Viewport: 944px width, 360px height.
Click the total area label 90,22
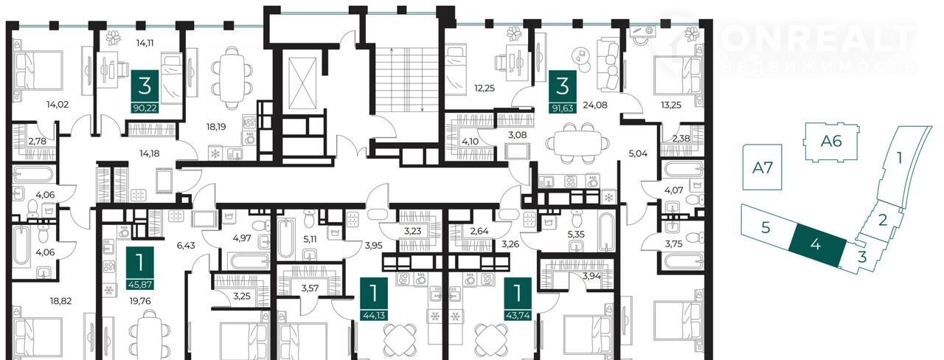pyautogui.click(x=145, y=108)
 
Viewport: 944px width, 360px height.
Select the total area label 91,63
pyautogui.click(x=563, y=108)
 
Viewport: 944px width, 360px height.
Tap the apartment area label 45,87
pyautogui.click(x=140, y=285)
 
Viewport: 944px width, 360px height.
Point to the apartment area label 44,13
pyautogui.click(x=374, y=315)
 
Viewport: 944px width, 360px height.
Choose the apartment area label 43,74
pyautogui.click(x=518, y=315)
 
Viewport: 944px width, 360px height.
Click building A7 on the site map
pyautogui.click(x=763, y=167)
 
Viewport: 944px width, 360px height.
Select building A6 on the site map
pyautogui.click(x=831, y=141)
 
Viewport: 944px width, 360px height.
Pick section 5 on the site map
pyautogui.click(x=766, y=228)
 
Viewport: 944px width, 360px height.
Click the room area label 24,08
pyautogui.click(x=595, y=105)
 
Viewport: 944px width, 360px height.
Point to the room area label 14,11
pyautogui.click(x=145, y=43)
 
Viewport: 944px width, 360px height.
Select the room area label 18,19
pyautogui.click(x=216, y=126)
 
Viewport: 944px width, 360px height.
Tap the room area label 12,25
pyautogui.click(x=485, y=89)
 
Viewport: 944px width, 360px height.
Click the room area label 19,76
pyautogui.click(x=141, y=301)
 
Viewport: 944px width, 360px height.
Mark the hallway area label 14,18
pyautogui.click(x=150, y=153)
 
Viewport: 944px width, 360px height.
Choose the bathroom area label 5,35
pyautogui.click(x=576, y=235)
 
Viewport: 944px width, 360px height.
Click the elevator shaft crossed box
pyautogui.click(x=302, y=83)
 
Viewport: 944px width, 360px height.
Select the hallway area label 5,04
pyautogui.click(x=638, y=153)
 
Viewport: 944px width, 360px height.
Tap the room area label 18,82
pyautogui.click(x=60, y=301)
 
